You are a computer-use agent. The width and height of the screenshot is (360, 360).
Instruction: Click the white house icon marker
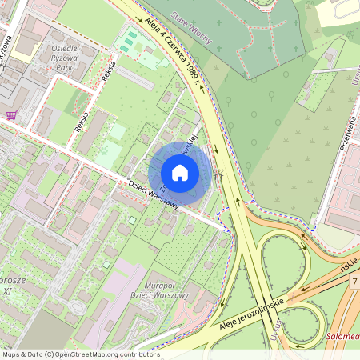click(x=180, y=172)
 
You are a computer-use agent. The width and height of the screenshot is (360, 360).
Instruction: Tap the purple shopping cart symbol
click(x=11, y=115)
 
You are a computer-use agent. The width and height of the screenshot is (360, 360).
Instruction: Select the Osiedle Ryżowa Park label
click(x=66, y=58)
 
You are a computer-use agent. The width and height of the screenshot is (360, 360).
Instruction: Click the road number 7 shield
click(x=353, y=282)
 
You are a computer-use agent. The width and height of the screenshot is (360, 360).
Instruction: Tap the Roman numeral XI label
click(x=7, y=291)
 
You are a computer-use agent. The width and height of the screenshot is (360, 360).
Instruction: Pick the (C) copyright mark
click(x=50, y=354)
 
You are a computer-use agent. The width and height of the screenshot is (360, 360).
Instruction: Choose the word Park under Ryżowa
click(x=66, y=68)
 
